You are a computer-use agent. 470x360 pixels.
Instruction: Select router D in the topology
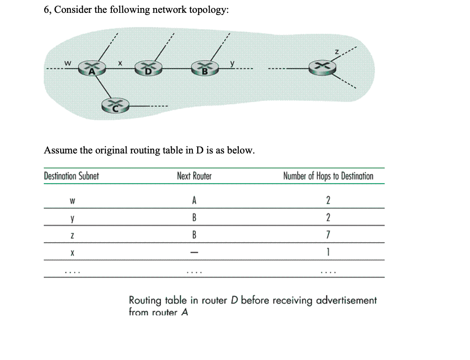149,69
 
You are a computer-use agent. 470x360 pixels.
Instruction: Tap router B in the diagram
205,69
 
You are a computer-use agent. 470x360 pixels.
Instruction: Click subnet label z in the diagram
336,53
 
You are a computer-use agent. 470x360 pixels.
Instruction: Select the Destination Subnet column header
71,176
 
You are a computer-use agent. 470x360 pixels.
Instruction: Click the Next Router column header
194,176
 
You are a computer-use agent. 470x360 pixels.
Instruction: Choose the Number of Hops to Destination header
328,176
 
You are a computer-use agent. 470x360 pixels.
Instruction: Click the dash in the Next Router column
194,250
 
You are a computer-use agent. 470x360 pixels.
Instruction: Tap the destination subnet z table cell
71,234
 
